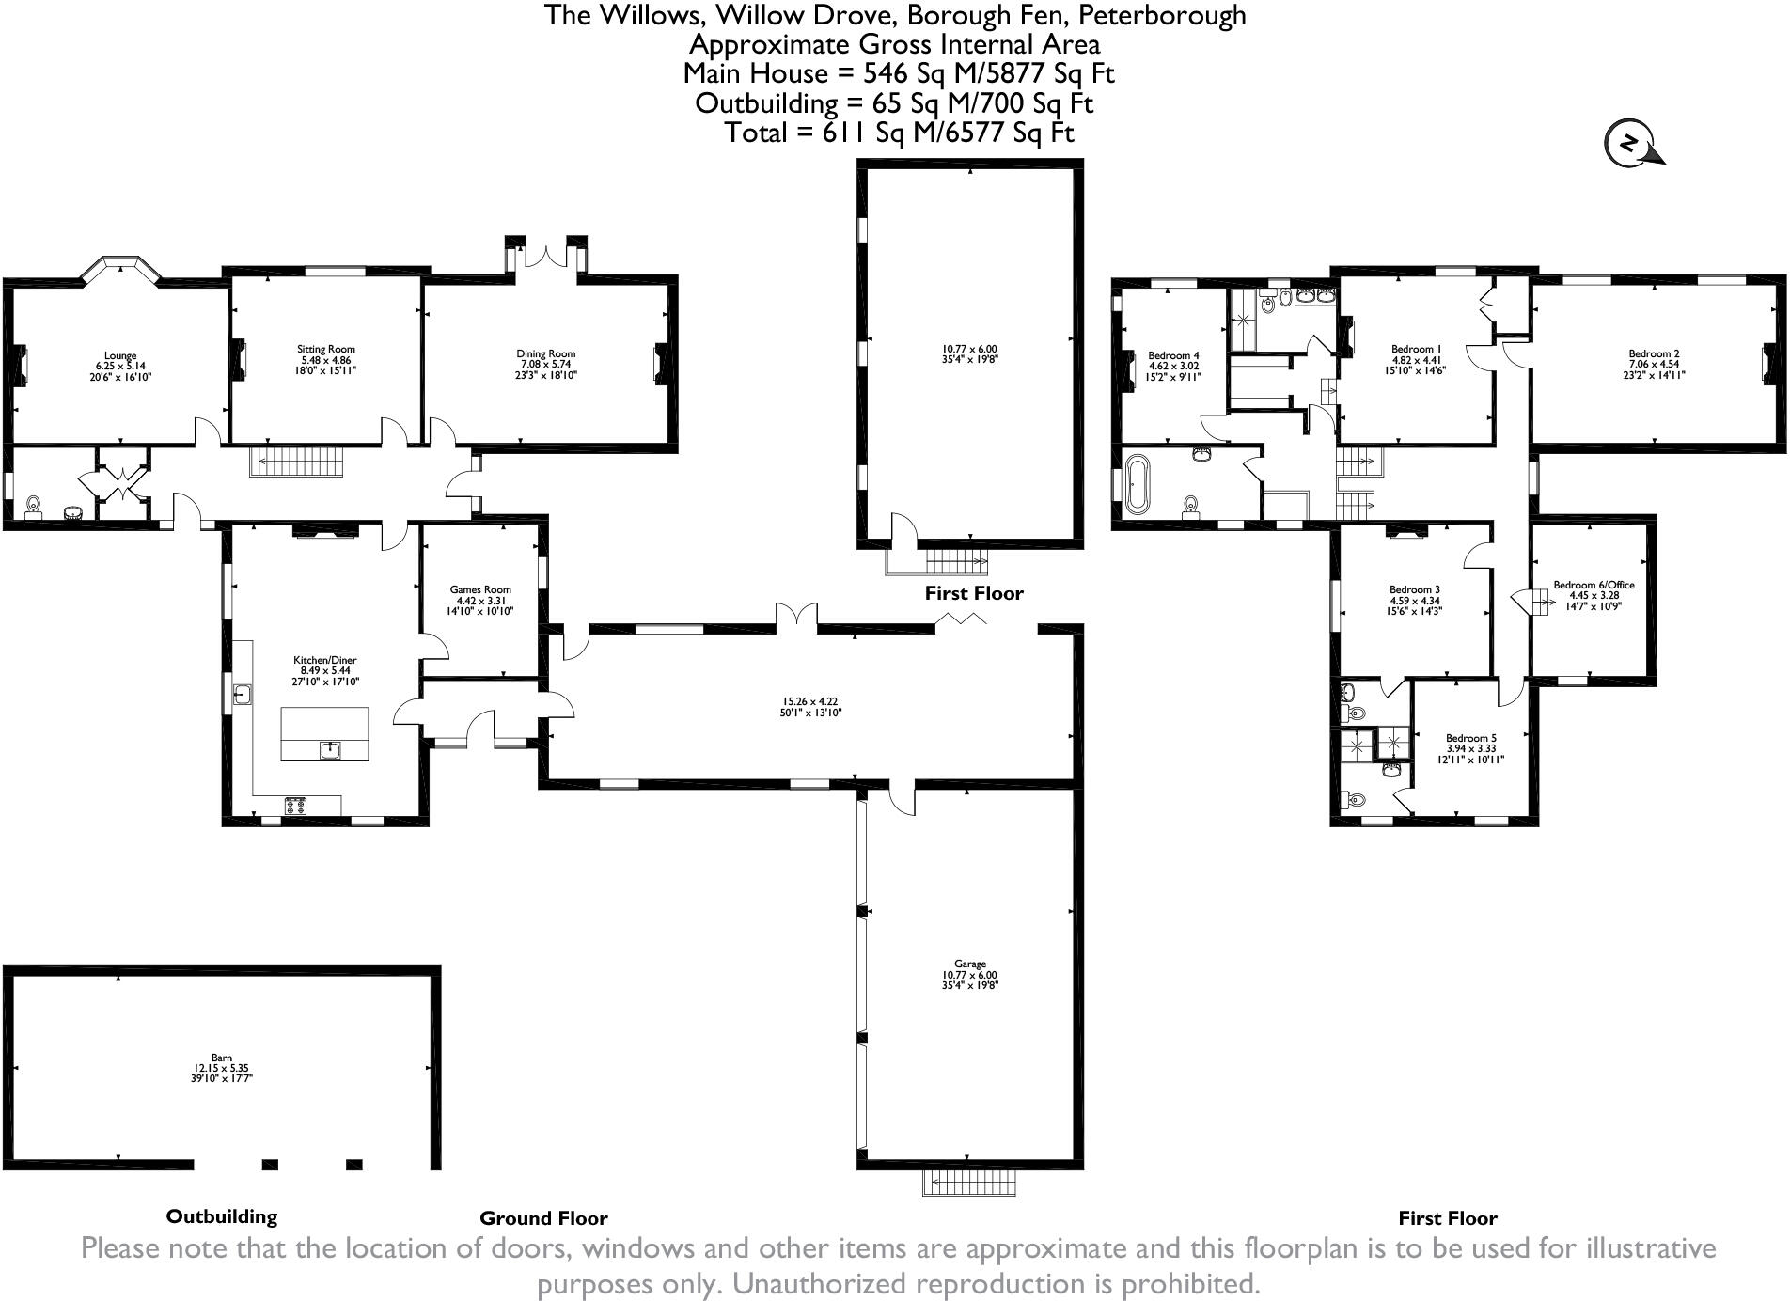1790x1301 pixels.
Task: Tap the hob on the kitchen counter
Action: [296, 805]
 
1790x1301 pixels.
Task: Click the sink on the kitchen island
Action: [329, 749]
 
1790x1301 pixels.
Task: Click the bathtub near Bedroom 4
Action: [1137, 484]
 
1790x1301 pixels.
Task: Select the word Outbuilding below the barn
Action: [222, 1216]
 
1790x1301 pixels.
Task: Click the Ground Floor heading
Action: [543, 1218]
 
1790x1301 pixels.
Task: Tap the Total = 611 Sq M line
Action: [898, 133]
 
